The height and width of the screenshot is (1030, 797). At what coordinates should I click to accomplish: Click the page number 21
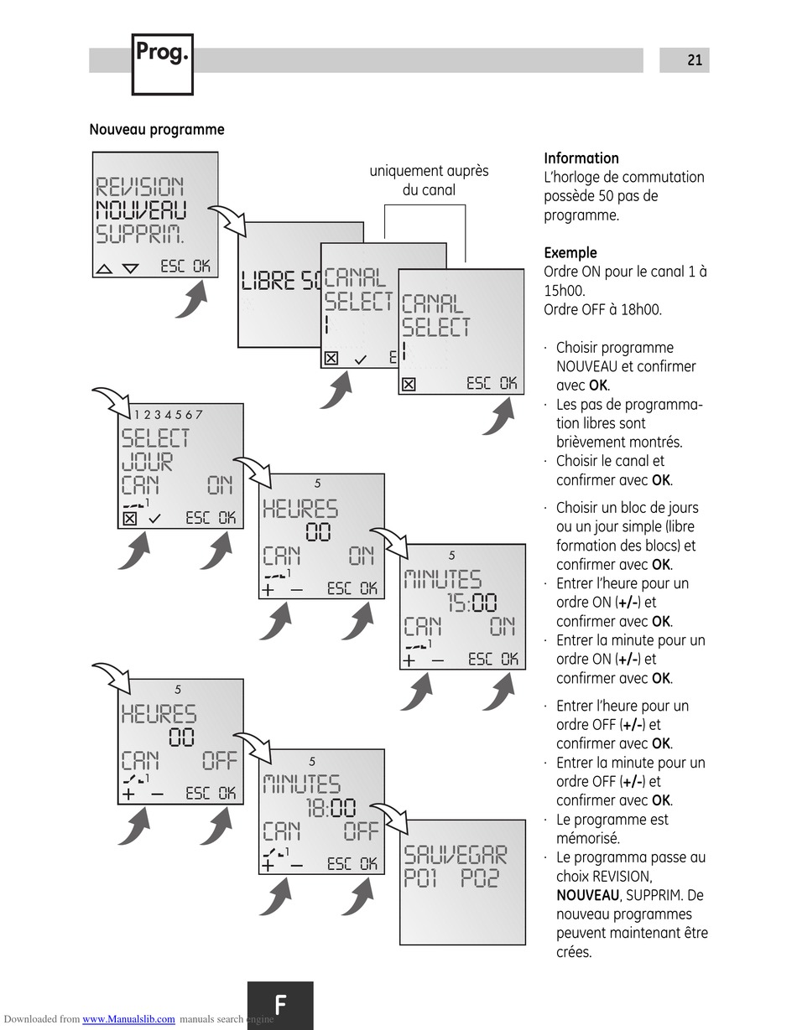tap(694, 60)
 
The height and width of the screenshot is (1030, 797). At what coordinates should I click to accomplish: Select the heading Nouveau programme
tap(157, 130)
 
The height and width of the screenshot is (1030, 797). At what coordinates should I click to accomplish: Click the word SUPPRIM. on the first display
tap(141, 233)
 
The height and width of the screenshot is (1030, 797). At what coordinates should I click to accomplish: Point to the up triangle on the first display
tap(104, 269)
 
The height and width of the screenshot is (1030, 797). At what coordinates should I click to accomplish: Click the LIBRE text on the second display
tap(268, 281)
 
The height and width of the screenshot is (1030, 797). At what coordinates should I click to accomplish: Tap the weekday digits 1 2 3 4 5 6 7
tap(168, 414)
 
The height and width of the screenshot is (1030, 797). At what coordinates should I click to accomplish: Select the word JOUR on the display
tap(147, 462)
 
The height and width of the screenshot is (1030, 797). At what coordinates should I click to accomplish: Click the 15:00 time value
tap(471, 603)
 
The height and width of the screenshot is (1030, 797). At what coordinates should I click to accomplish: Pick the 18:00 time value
tap(331, 808)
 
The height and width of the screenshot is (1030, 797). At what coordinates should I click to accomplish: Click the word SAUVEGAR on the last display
tap(456, 855)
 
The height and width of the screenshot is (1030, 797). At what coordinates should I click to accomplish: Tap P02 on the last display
tap(480, 878)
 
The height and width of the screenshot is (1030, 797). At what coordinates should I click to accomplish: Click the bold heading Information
tap(581, 158)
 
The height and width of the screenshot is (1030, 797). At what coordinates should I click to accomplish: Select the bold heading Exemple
tap(570, 252)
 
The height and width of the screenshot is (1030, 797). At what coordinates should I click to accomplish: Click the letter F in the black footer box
tap(280, 1004)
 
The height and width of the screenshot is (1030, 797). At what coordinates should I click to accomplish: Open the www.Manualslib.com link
tap(128, 1019)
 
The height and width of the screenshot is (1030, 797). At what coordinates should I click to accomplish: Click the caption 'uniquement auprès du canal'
tap(429, 180)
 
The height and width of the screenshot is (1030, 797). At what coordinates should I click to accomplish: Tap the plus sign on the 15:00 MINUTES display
tap(409, 660)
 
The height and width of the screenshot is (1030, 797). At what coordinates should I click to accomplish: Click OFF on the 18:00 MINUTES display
tap(361, 832)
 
